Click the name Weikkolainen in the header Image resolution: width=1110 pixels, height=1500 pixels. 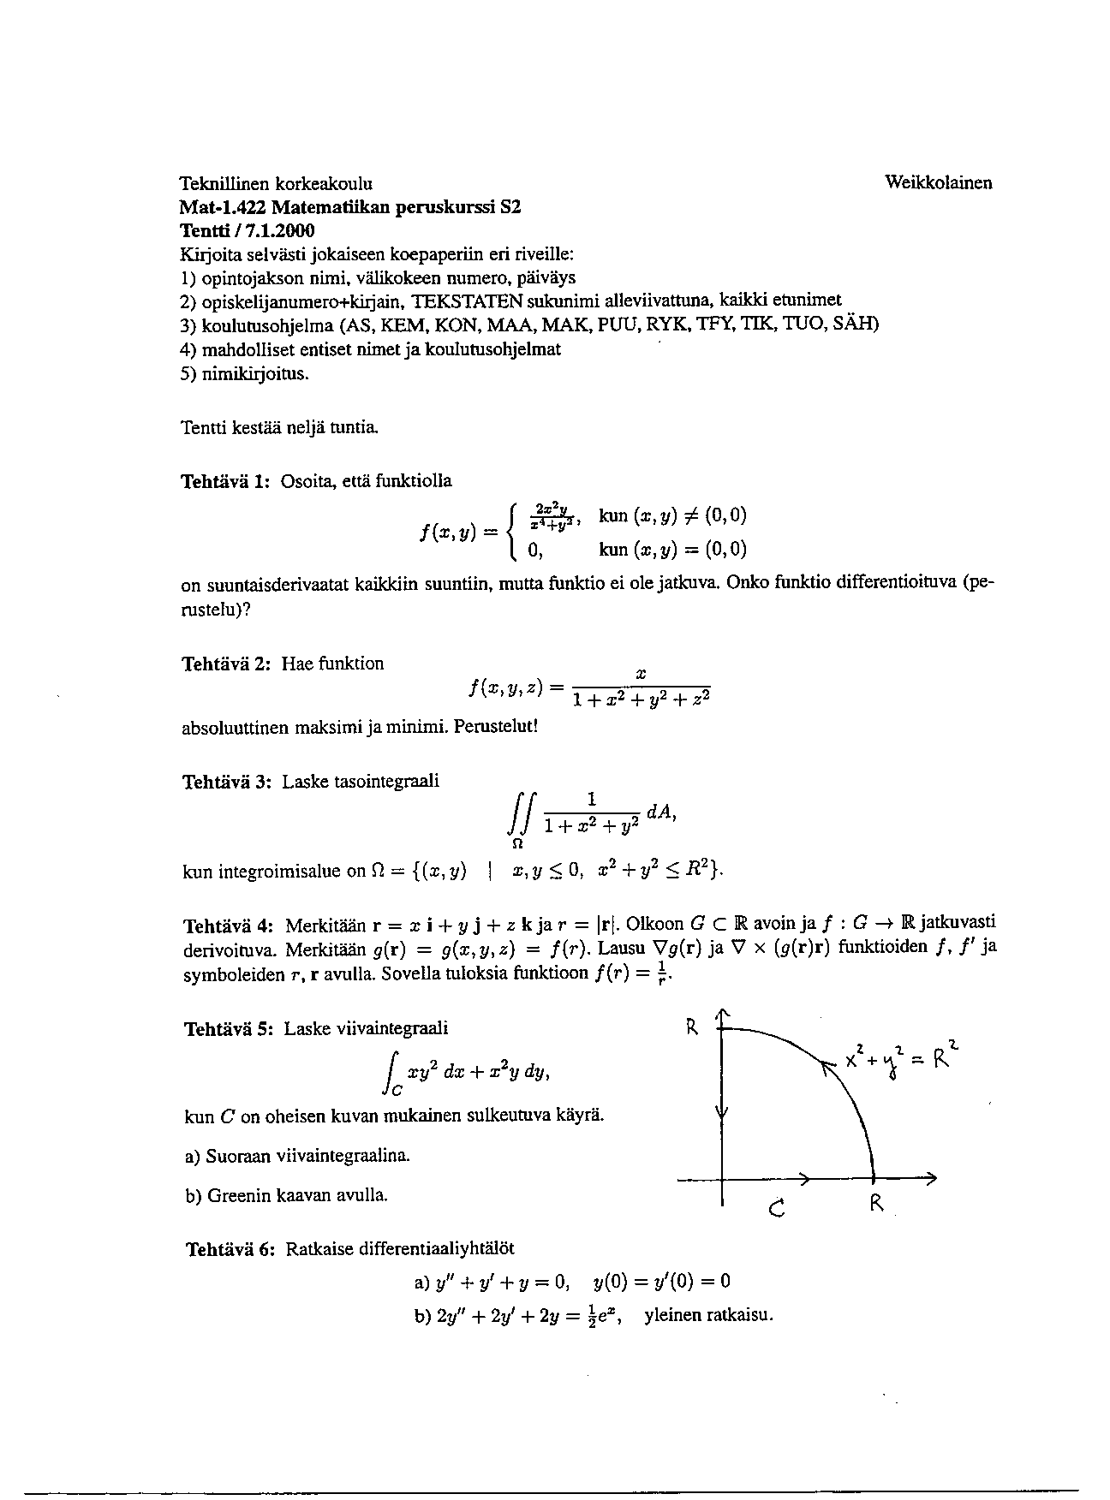click(x=938, y=182)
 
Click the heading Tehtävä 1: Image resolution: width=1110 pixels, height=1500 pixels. click(x=226, y=481)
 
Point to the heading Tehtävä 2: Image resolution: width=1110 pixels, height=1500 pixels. click(x=226, y=664)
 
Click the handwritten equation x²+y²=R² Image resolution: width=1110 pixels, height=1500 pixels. click(x=900, y=1058)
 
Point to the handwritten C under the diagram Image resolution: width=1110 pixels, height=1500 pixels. click(x=778, y=1208)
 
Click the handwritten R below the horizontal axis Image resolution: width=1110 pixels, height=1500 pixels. click(x=876, y=1203)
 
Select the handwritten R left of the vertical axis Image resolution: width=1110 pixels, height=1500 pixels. click(x=693, y=1027)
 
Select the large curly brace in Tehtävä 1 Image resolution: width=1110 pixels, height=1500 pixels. click(x=512, y=533)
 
